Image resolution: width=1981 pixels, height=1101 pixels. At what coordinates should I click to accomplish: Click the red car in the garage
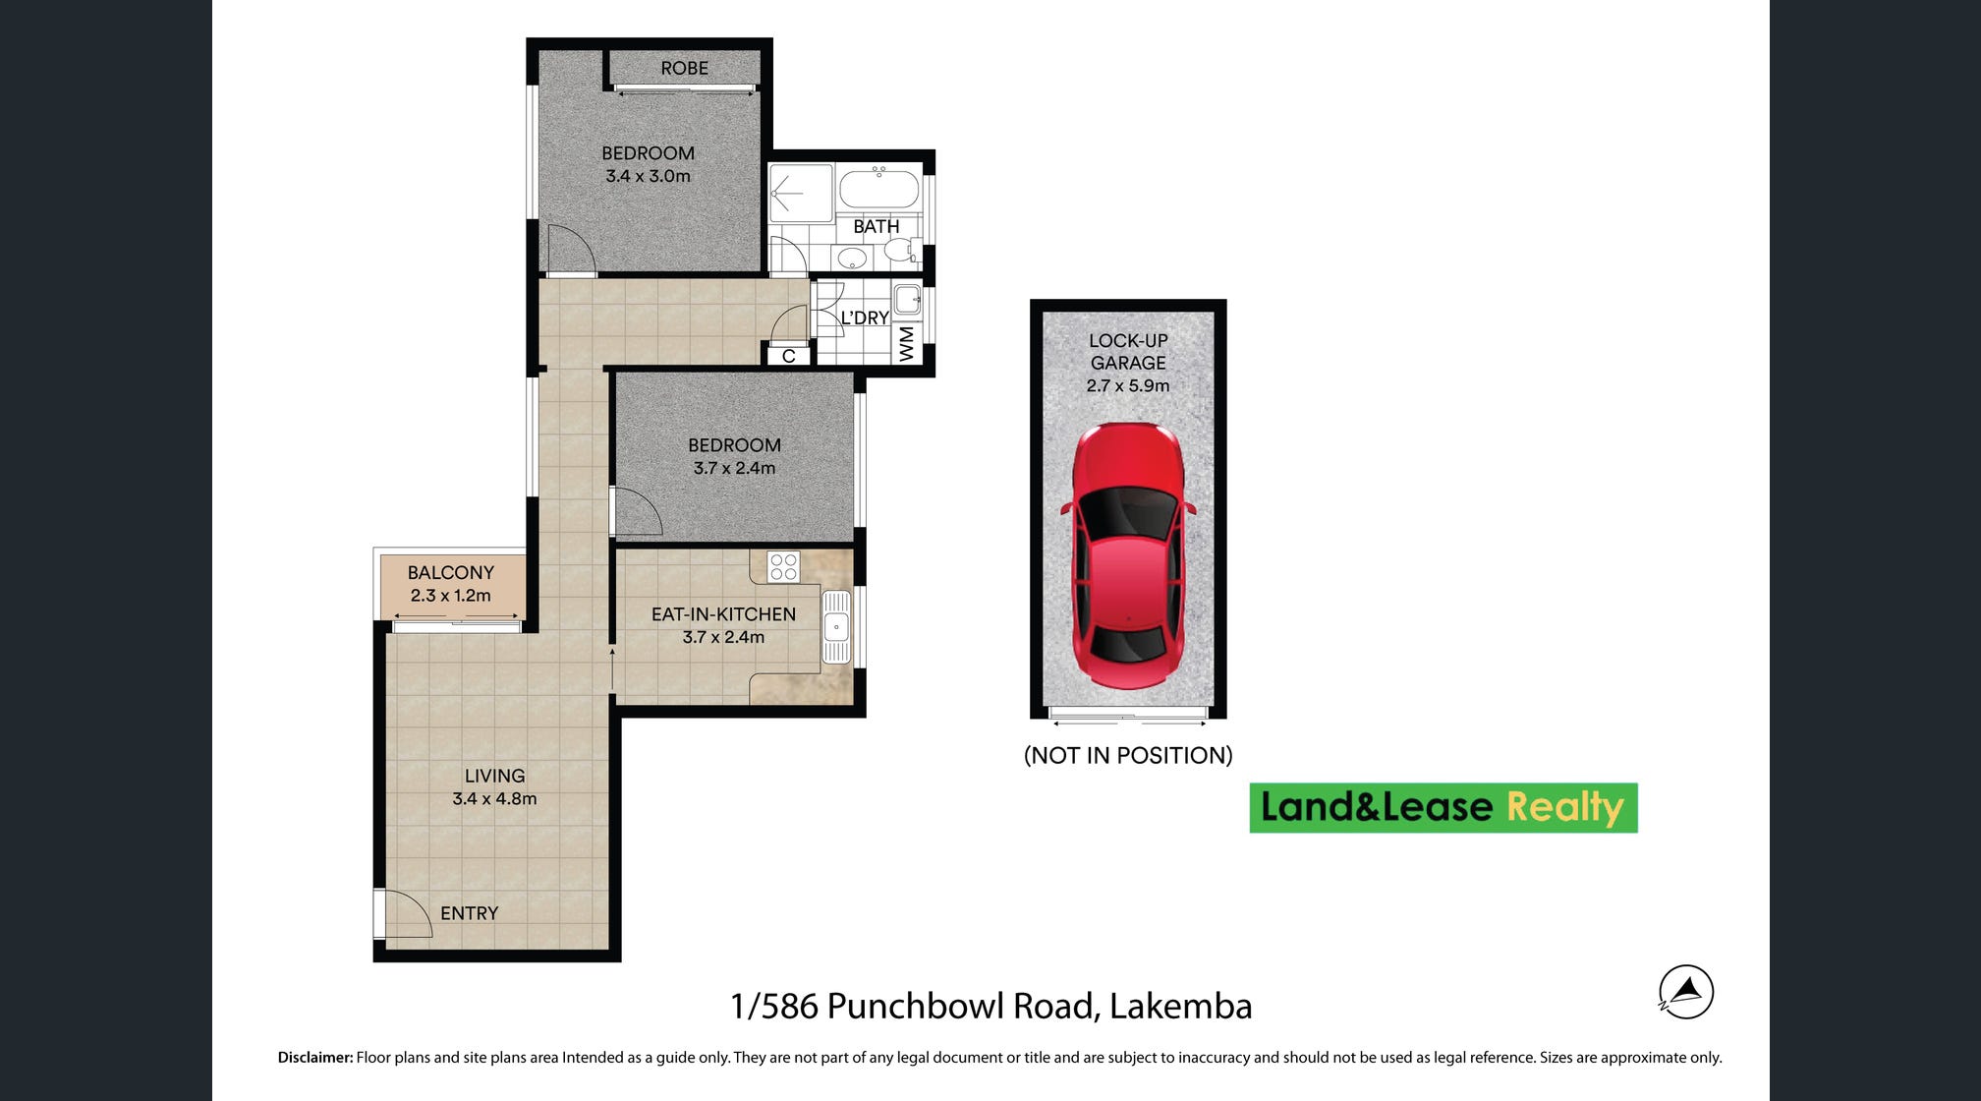pyautogui.click(x=1128, y=555)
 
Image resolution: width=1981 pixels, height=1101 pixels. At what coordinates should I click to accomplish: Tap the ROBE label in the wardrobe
pyautogui.click(x=684, y=68)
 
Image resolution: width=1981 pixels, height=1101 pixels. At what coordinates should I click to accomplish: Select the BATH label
pyautogui.click(x=876, y=226)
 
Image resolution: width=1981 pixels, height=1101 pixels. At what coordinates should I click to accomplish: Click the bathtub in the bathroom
pyautogui.click(x=878, y=189)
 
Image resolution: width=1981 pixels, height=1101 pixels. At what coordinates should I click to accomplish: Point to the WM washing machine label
pyautogui.click(x=906, y=344)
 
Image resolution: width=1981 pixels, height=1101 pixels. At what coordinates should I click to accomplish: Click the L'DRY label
pyautogui.click(x=865, y=318)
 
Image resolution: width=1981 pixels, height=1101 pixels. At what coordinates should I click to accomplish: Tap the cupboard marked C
pyautogui.click(x=788, y=356)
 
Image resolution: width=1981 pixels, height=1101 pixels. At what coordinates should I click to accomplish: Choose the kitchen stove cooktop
pyautogui.click(x=783, y=566)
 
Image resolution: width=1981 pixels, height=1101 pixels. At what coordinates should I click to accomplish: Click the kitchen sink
pyautogui.click(x=836, y=626)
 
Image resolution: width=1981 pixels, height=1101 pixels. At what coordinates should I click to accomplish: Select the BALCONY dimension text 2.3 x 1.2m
pyautogui.click(x=450, y=595)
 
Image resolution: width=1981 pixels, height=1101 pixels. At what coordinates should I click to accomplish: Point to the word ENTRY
pyautogui.click(x=469, y=913)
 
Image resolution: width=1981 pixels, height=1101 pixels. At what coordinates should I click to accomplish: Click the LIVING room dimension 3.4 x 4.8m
pyautogui.click(x=494, y=798)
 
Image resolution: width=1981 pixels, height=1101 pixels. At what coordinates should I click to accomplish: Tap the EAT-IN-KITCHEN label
pyautogui.click(x=723, y=614)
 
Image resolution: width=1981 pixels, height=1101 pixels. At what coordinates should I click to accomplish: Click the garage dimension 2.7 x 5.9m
pyautogui.click(x=1128, y=385)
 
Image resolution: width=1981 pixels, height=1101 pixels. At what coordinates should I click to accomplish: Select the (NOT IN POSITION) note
pyautogui.click(x=1128, y=755)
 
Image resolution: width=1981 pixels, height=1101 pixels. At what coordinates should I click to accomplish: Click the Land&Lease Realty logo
pyautogui.click(x=1443, y=808)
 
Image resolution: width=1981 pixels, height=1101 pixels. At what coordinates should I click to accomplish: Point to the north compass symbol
pyautogui.click(x=1686, y=992)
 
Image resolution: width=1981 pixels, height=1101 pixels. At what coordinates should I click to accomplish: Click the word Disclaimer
pyautogui.click(x=315, y=1058)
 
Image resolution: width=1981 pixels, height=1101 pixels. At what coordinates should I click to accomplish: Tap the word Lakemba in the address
pyautogui.click(x=1180, y=1006)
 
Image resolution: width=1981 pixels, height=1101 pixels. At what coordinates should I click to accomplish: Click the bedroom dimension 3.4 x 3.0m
pyautogui.click(x=648, y=176)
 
